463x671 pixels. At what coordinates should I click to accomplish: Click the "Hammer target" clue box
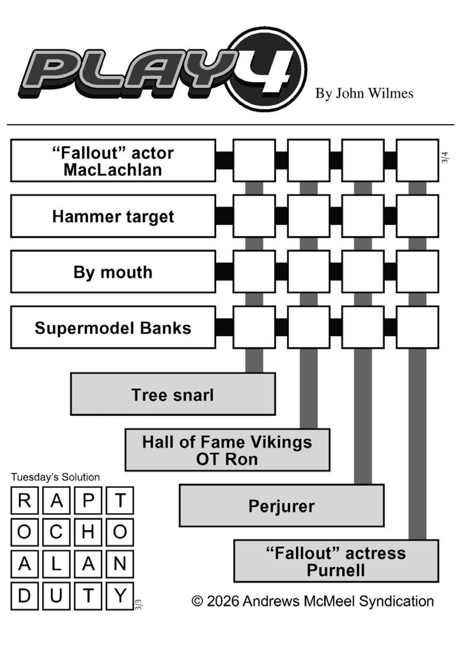tap(113, 216)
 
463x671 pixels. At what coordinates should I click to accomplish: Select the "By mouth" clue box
tap(113, 272)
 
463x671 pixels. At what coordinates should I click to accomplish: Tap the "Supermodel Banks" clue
tap(113, 328)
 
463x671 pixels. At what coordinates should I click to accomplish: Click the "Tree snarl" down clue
tap(173, 394)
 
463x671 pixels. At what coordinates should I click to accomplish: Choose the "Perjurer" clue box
tap(281, 506)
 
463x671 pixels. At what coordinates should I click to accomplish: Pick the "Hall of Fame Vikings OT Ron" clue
tap(227, 450)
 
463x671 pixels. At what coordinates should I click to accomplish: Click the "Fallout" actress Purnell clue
tap(336, 561)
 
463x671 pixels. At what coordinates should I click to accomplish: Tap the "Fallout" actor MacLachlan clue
tap(113, 161)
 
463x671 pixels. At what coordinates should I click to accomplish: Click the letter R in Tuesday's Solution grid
tap(24, 501)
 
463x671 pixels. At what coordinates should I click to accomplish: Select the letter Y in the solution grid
tap(120, 596)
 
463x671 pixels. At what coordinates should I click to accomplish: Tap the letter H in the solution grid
tap(88, 533)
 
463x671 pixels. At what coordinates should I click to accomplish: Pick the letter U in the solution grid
tap(56, 596)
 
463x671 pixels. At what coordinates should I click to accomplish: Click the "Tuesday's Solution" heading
tap(55, 477)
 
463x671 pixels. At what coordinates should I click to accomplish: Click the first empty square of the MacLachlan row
tap(254, 161)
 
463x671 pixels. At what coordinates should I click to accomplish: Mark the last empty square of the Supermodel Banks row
tap(417, 328)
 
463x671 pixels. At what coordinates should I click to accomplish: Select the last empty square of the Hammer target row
tap(417, 216)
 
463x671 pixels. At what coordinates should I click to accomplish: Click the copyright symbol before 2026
tap(198, 601)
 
